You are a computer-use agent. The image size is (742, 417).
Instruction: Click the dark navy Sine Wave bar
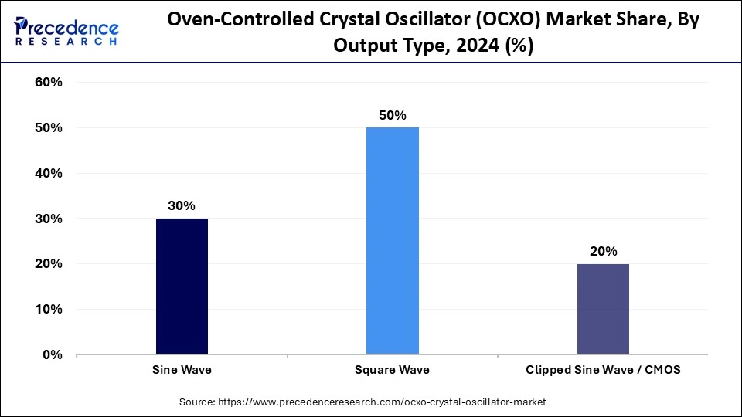(x=182, y=286)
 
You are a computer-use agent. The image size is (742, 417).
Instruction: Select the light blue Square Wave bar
(x=392, y=241)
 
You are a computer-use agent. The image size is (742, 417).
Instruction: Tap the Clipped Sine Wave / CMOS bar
(x=603, y=309)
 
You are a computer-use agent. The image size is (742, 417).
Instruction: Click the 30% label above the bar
(x=182, y=206)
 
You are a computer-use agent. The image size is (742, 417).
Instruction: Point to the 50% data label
(x=392, y=115)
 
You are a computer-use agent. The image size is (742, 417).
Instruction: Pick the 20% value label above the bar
(x=603, y=251)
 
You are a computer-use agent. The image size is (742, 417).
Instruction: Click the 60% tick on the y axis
(x=49, y=83)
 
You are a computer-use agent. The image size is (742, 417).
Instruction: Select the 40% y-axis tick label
(x=49, y=173)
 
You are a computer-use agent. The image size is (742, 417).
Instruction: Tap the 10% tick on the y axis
(x=49, y=309)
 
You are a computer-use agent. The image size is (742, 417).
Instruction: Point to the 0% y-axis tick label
(x=53, y=354)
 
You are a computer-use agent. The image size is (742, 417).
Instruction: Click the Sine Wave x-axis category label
(x=182, y=370)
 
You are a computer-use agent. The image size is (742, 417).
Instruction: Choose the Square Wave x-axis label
(x=392, y=370)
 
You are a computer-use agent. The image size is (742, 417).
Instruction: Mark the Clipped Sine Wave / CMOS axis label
(x=603, y=370)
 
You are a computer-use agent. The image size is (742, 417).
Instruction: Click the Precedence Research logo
(x=66, y=31)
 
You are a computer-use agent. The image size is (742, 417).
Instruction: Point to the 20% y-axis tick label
(x=49, y=264)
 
